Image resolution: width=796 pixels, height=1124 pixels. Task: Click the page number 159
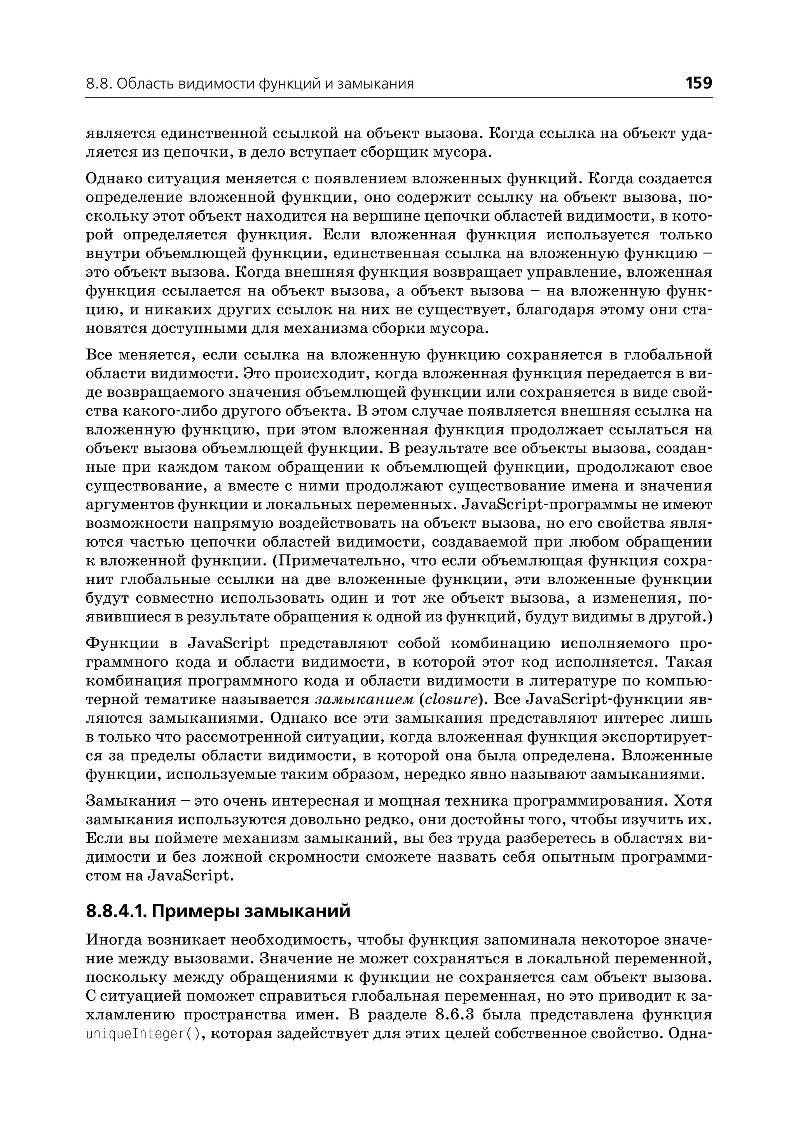click(x=698, y=83)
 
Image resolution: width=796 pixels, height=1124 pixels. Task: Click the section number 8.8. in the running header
click(x=99, y=84)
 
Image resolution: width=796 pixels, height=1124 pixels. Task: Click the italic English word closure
click(x=450, y=700)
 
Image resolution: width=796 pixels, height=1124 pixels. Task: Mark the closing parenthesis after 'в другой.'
click(x=710, y=617)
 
